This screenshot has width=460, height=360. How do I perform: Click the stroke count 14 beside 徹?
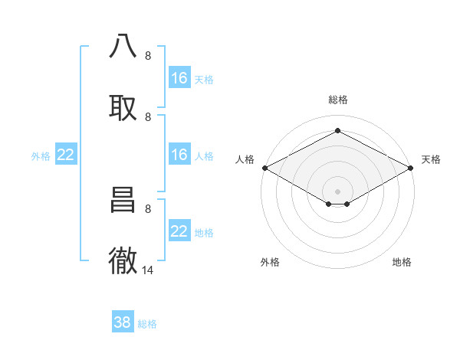point(148,270)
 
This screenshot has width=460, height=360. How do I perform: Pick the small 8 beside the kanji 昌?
point(148,208)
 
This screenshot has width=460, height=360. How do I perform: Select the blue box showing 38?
point(123,322)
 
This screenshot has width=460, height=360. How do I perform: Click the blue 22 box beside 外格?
point(66,155)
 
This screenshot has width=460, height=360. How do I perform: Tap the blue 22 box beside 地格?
point(179,231)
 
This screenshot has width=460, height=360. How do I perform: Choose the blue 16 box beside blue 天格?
point(179,77)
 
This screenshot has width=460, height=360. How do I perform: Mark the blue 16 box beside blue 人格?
point(179,155)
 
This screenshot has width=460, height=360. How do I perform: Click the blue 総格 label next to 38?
point(147,324)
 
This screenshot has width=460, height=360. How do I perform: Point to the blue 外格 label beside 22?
point(41,155)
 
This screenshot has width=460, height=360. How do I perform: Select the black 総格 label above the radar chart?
point(338,100)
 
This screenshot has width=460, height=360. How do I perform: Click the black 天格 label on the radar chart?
point(431,159)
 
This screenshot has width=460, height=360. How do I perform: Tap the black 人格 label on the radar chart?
point(245,159)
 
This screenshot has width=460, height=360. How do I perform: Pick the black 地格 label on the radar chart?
point(402,262)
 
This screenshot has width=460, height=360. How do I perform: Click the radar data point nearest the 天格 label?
point(412,168)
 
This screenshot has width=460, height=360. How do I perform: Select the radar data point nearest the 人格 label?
point(264,168)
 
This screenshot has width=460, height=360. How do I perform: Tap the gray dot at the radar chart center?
point(338,191)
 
